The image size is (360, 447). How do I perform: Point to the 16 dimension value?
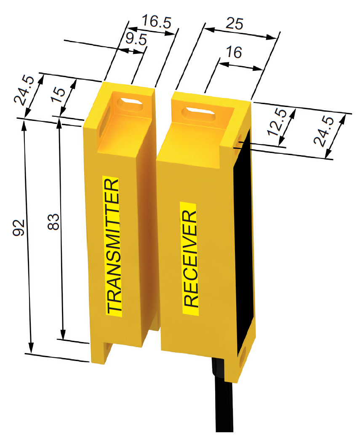234,52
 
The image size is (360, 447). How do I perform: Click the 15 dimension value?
58,95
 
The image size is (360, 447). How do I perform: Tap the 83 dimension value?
53,222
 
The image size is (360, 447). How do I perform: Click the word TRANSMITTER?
113,246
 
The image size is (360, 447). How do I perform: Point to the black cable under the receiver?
222,399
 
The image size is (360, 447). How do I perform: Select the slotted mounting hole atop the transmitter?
130,103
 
